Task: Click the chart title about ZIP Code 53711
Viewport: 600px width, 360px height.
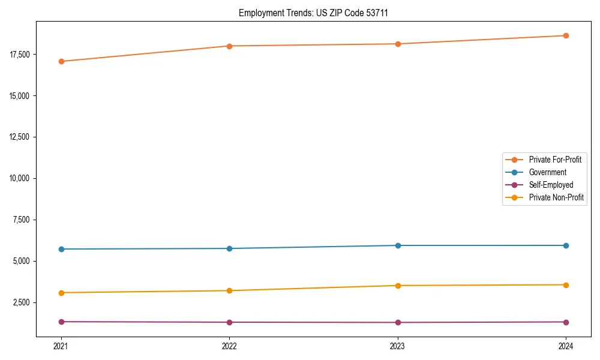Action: [313, 13]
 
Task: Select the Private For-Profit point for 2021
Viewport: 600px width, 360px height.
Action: [61, 61]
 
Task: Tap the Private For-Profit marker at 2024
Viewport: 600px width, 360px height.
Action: [566, 35]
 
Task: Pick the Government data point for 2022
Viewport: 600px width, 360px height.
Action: [229, 248]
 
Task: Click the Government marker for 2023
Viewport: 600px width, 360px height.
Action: [398, 245]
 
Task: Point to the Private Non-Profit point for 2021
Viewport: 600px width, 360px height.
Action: [61, 293]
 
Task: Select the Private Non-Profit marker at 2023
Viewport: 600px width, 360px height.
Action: [398, 286]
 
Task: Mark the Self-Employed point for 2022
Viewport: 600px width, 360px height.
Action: [229, 322]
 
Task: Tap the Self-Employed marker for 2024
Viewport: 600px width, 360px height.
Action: [566, 322]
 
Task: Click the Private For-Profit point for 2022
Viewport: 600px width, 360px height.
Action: [229, 46]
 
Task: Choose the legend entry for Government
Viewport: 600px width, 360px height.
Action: [547, 172]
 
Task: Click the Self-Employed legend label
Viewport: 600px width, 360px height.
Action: [551, 185]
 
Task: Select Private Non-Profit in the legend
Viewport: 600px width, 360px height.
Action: [556, 197]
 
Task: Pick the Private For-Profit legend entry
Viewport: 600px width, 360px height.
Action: [555, 160]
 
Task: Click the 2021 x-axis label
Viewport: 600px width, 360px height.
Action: [61, 346]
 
